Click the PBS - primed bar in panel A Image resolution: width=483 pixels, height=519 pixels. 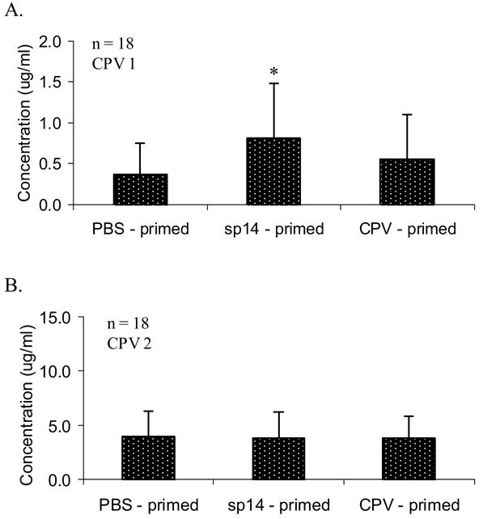(x=140, y=189)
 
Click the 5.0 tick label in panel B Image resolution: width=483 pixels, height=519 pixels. (x=66, y=425)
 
